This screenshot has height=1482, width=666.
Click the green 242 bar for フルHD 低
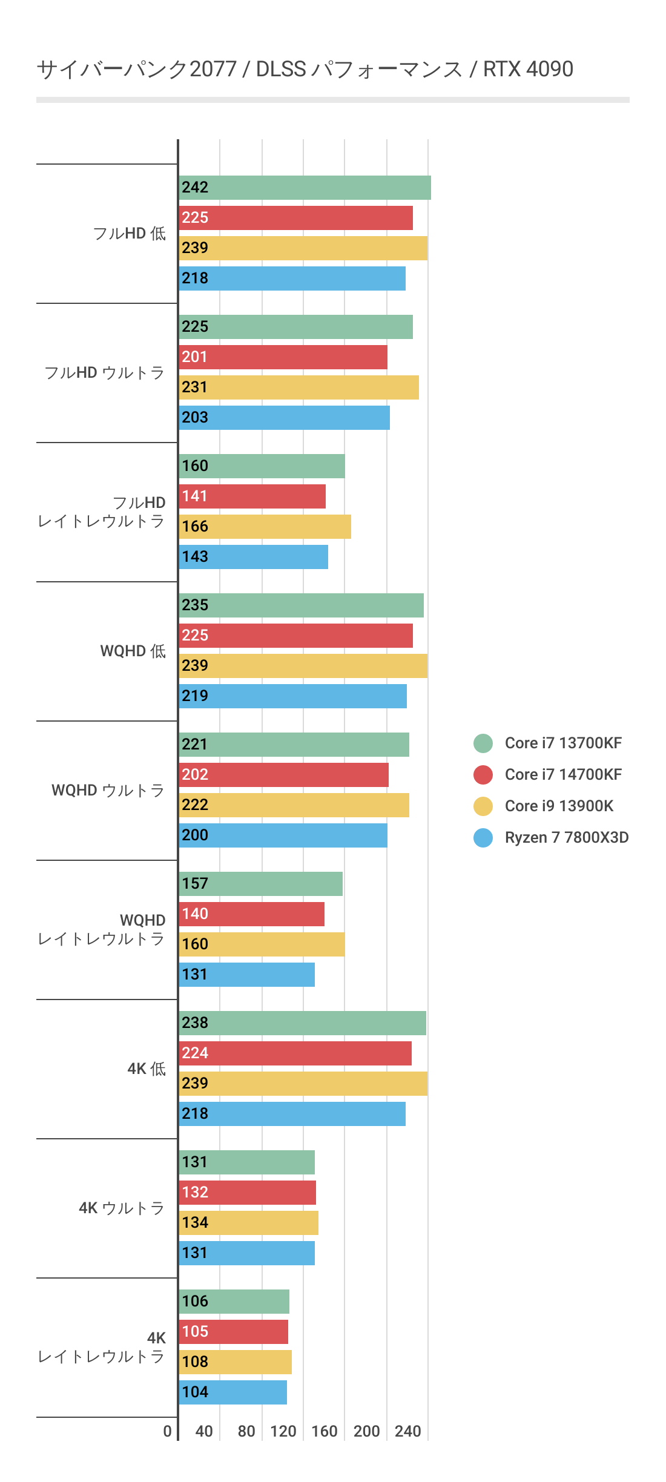305,188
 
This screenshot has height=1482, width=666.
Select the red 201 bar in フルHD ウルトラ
283,357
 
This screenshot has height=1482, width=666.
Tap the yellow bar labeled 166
265,527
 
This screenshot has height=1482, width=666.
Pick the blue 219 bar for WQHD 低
292,696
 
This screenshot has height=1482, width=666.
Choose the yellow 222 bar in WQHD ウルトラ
294,805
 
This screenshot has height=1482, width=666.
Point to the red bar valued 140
251,914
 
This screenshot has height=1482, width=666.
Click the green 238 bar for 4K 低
302,1023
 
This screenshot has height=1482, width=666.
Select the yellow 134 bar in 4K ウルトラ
248,1223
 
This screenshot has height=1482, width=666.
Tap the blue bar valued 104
232,1392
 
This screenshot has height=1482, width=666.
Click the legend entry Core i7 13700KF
563,743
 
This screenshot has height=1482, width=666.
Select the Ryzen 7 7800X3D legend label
567,837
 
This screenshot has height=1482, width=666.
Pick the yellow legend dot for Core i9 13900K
483,806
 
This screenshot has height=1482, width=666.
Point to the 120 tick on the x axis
283,1431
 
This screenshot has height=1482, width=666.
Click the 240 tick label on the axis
407,1431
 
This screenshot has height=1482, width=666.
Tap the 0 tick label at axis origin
168,1431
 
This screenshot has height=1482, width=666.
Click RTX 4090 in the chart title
528,69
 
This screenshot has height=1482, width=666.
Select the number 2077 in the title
213,69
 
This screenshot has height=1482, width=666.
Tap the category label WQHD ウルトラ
108,790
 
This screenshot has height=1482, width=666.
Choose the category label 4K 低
146,1069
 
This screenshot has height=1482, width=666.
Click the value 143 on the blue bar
195,557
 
